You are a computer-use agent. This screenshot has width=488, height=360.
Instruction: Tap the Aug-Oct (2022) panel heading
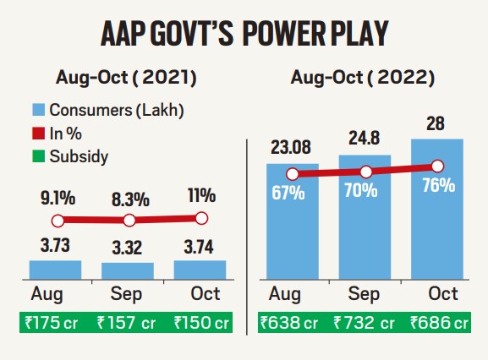363,79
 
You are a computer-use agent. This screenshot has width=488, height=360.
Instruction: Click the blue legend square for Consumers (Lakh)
38,110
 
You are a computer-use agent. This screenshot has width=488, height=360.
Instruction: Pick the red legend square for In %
38,134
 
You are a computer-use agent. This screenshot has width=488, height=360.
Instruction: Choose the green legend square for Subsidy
38,156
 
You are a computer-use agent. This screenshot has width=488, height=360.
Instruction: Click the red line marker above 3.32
129,221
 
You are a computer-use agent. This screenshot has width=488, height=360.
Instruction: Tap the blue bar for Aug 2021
56,270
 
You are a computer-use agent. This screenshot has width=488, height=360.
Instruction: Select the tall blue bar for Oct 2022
437,228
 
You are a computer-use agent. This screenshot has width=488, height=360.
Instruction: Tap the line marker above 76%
437,166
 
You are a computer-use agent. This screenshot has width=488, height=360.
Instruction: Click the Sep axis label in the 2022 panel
365,294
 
